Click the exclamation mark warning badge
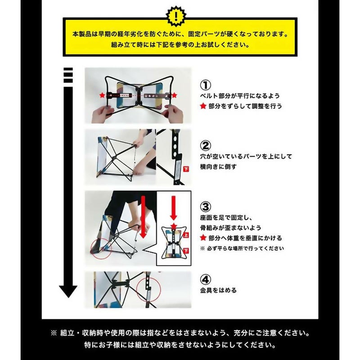[176, 16]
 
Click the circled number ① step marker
[206, 85]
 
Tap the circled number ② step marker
[206, 145]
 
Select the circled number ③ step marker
[206, 207]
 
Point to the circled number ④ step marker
[206, 279]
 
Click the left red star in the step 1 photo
[102, 95]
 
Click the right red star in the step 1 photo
[174, 95]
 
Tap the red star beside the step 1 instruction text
[203, 106]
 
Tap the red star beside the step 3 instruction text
[203, 238]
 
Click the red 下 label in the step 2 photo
[186, 170]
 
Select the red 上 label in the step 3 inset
[186, 235]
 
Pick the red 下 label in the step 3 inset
[186, 251]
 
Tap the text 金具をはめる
[218, 290]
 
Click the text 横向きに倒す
[218, 166]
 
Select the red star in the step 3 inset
[174, 226]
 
